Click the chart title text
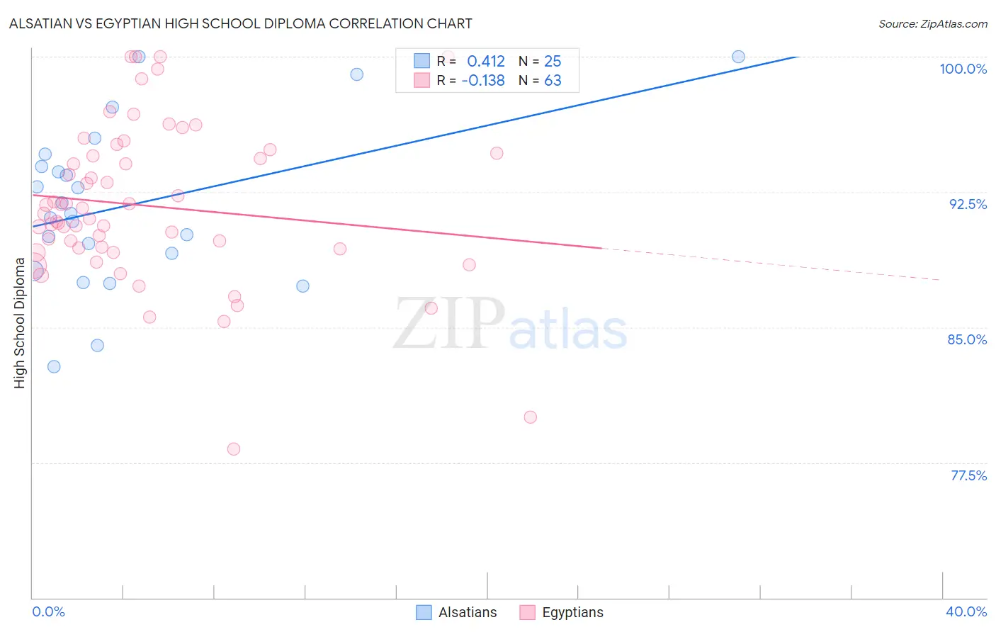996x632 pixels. [240, 23]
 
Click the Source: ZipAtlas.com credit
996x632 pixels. [932, 24]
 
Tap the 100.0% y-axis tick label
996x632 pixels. [963, 69]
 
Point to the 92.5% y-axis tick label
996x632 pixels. [968, 204]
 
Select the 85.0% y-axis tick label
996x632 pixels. [967, 339]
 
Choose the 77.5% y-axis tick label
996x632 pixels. [968, 475]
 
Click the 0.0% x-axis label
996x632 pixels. [48, 611]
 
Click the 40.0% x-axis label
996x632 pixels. [966, 611]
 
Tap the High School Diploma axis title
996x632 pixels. [20, 322]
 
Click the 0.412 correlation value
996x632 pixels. [485, 62]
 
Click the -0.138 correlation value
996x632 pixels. [482, 81]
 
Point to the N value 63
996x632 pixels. [553, 81]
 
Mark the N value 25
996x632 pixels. [553, 62]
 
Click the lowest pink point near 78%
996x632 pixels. [234, 449]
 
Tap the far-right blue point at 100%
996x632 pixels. [738, 57]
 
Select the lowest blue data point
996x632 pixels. [54, 366]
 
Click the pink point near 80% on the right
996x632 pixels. [531, 417]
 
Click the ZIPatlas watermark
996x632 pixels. [510, 325]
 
